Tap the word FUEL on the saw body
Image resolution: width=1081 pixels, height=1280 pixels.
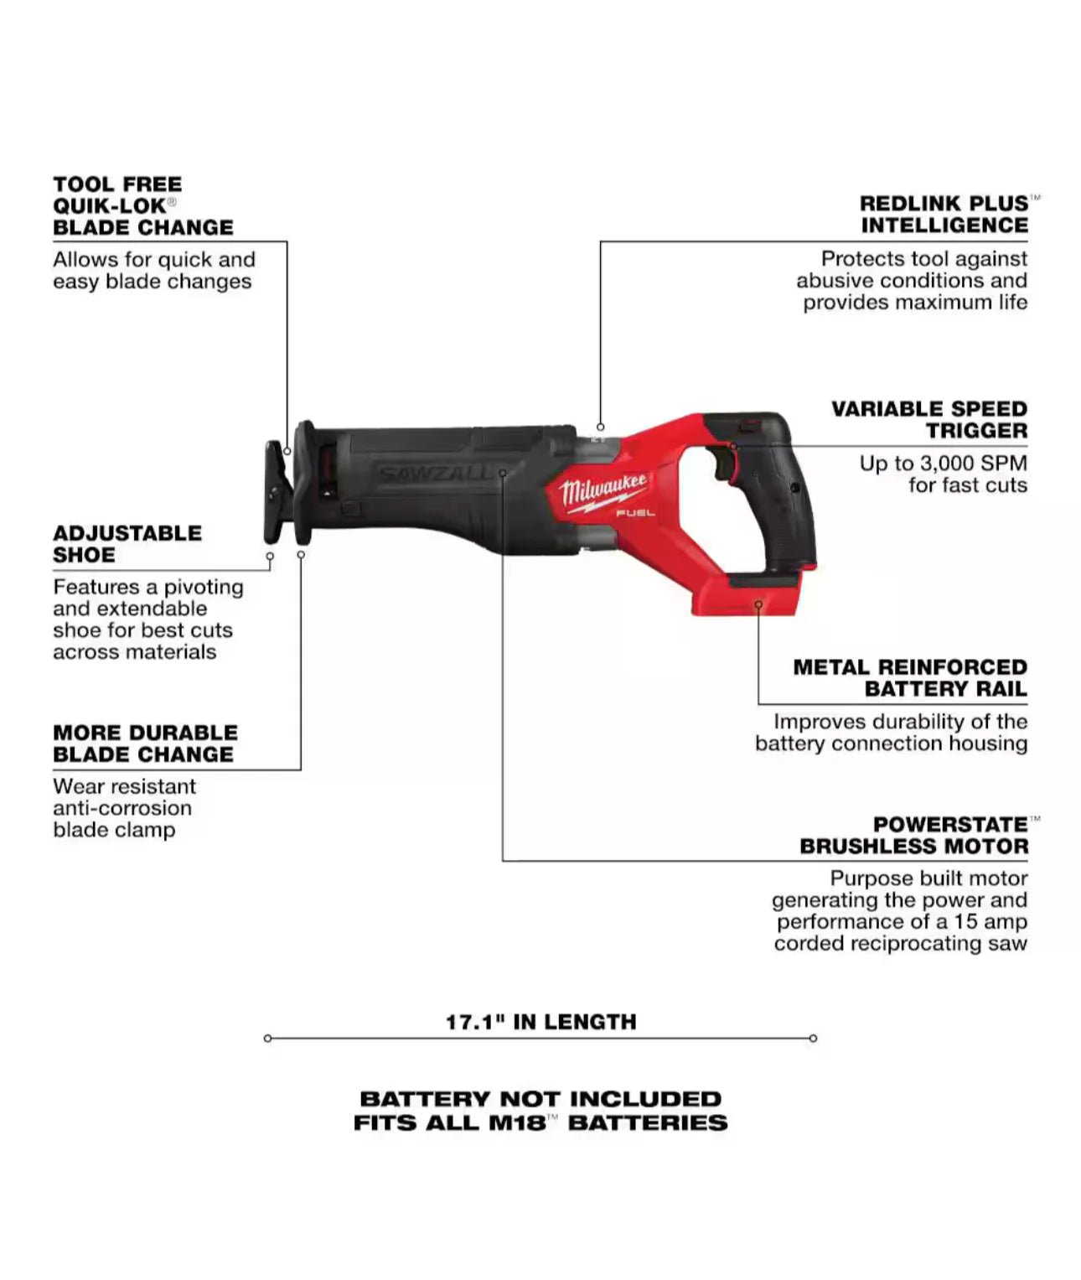click(x=635, y=512)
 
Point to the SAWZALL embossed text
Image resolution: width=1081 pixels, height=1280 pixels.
click(x=433, y=474)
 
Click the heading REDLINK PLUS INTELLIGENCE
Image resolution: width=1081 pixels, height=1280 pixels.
click(x=944, y=215)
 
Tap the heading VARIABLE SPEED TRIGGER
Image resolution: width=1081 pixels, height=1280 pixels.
click(x=929, y=419)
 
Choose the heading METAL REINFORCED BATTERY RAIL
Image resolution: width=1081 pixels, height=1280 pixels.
click(x=910, y=678)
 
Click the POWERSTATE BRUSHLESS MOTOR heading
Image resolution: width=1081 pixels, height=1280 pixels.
click(x=913, y=835)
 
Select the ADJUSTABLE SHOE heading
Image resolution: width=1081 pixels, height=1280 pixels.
click(x=127, y=544)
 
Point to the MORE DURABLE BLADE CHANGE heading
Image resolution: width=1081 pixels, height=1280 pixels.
click(x=145, y=744)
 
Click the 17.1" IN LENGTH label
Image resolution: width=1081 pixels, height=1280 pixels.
click(x=540, y=1022)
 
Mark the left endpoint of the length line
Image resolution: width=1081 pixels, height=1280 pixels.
click(x=267, y=1039)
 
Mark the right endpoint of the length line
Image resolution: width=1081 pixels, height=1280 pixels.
click(x=813, y=1039)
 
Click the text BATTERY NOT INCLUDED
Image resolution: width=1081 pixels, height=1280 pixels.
click(x=540, y=1099)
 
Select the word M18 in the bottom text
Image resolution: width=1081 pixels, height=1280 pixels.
click(x=517, y=1123)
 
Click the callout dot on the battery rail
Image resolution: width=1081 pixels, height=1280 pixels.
click(x=758, y=604)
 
